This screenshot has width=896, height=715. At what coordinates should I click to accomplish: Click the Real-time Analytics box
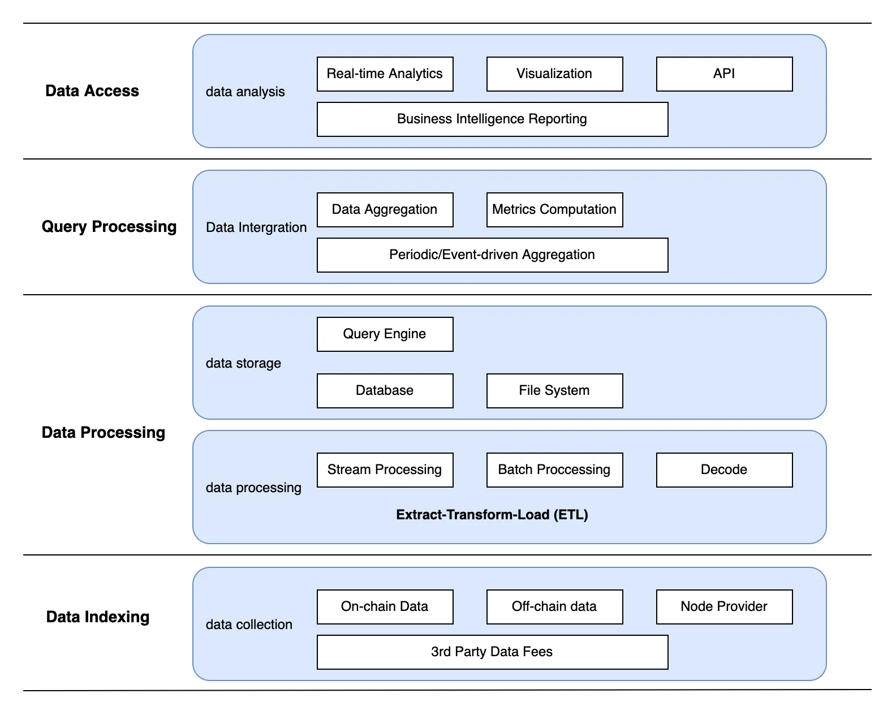[x=385, y=74]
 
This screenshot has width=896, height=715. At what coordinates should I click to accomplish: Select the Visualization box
[x=554, y=74]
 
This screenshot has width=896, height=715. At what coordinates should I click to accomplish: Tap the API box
[x=724, y=74]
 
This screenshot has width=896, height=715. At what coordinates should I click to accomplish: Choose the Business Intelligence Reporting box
[x=492, y=119]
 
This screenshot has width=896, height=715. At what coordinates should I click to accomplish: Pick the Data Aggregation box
[x=385, y=209]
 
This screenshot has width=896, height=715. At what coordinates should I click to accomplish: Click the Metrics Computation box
[x=554, y=209]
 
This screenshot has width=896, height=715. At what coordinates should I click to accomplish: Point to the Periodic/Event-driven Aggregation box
[x=492, y=255]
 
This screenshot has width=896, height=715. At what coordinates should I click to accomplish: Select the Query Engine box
[x=385, y=334]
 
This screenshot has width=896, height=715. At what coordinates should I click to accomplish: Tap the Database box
[x=385, y=391]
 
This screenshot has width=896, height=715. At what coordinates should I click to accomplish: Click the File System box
[x=554, y=391]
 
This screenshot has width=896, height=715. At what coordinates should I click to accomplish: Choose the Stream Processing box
[x=385, y=470]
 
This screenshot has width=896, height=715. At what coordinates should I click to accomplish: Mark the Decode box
[x=724, y=470]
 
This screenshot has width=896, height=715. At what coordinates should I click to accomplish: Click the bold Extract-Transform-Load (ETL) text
[x=492, y=515]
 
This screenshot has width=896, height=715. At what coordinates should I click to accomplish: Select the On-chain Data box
[x=385, y=606]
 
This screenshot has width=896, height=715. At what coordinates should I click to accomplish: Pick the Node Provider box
[x=724, y=606]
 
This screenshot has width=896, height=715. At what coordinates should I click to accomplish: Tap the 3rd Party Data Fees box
[x=492, y=652]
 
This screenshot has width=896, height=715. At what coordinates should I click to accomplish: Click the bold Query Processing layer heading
[x=109, y=227]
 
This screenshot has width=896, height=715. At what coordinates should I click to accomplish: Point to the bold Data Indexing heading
[x=98, y=617]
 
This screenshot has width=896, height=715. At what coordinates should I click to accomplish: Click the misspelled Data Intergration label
[x=256, y=227]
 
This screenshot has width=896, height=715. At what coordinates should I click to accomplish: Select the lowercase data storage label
[x=243, y=363]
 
